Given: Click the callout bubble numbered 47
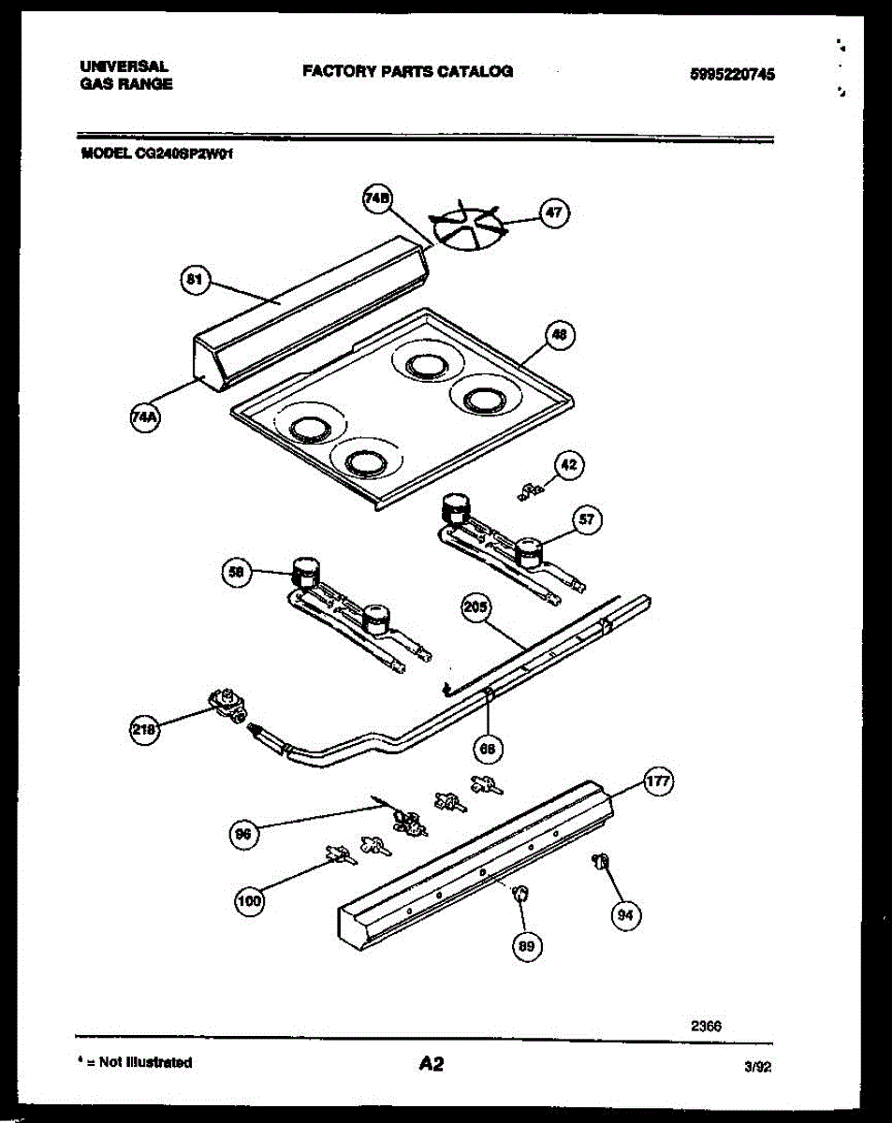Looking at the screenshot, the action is [x=555, y=212].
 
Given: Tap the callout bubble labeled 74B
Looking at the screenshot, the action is [x=377, y=198].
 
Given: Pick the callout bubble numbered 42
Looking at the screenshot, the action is [x=570, y=464].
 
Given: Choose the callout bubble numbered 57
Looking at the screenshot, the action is [x=587, y=520].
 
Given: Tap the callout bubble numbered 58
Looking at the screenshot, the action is [x=237, y=572].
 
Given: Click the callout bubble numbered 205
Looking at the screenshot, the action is [x=475, y=608].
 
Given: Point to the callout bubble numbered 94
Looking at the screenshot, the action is [x=626, y=916].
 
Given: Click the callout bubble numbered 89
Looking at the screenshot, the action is [x=527, y=947].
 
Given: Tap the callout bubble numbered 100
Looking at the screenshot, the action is [x=248, y=901].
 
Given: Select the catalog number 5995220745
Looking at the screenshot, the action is [x=731, y=76].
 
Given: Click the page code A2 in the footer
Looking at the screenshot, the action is [x=431, y=1063].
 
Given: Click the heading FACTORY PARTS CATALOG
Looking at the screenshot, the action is [x=407, y=71].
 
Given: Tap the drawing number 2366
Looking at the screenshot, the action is [x=706, y=1025].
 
